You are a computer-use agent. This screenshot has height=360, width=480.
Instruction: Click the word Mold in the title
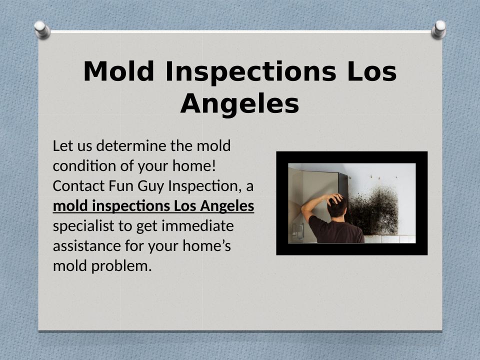(x=118, y=71)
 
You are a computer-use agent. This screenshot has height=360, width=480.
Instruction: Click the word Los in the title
(x=372, y=71)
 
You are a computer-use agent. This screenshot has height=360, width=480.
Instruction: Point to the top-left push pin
(x=42, y=29)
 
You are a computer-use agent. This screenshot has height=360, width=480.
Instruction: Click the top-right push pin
(x=438, y=29)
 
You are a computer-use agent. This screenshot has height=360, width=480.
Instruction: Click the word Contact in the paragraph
(x=78, y=185)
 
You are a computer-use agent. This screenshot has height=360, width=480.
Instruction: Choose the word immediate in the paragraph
(x=197, y=226)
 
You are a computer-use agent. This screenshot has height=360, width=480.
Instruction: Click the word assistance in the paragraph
(x=86, y=246)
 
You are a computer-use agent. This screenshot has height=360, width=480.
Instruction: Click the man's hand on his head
(x=334, y=199)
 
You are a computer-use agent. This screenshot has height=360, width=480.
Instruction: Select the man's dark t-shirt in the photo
(x=335, y=229)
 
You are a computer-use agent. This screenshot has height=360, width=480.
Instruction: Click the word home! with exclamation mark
(x=194, y=165)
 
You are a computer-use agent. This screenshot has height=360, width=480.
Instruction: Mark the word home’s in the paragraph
(x=206, y=246)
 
